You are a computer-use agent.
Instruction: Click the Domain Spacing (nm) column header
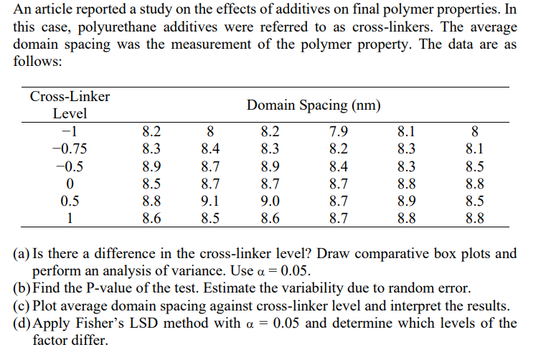(314, 105)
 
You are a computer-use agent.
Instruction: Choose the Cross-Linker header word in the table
(70, 97)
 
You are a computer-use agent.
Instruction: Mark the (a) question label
(22, 254)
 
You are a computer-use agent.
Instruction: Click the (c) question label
(22, 305)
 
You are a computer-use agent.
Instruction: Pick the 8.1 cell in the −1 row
(405, 132)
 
